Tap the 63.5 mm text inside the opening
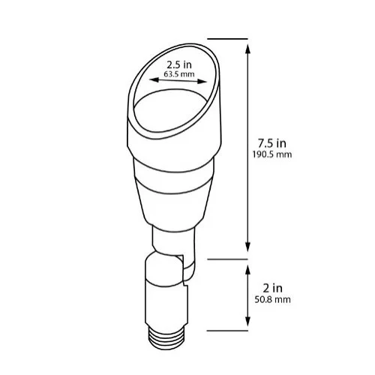point(174,75)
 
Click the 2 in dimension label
point(273,286)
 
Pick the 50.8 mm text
point(273,299)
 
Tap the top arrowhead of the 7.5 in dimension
point(248,43)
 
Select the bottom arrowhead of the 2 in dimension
point(248,323)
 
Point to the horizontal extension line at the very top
point(227,38)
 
